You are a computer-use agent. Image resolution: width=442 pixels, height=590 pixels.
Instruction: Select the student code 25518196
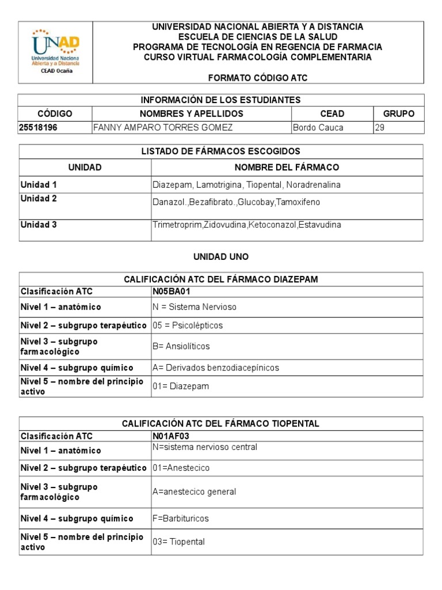[39, 127]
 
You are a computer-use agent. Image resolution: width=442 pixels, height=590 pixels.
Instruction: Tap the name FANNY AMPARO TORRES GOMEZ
[163, 127]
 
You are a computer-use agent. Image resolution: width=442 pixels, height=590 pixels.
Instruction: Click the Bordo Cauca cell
[318, 127]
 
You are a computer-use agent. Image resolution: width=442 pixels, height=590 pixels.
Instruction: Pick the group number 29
[380, 127]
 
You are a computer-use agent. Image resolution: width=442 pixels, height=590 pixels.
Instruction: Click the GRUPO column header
[398, 114]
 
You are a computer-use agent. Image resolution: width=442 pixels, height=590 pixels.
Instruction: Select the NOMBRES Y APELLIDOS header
[192, 114]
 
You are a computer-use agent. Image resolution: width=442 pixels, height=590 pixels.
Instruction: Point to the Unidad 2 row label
[39, 199]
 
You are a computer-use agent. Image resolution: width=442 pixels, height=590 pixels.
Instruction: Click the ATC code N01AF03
[172, 436]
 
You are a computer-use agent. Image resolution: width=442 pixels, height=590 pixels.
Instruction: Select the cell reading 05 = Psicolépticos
[188, 326]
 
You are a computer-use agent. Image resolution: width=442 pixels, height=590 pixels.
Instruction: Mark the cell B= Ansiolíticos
[181, 346]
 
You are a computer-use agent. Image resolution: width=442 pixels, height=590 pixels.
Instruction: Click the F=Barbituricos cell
[181, 518]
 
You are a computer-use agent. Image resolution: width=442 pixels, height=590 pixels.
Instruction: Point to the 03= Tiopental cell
[178, 542]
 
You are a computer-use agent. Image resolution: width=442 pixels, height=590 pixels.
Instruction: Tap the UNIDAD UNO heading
[221, 257]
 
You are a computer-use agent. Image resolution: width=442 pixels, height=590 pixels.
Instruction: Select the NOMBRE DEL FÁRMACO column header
[287, 167]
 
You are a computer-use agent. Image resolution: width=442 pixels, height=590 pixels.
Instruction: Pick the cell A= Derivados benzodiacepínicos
[216, 368]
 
